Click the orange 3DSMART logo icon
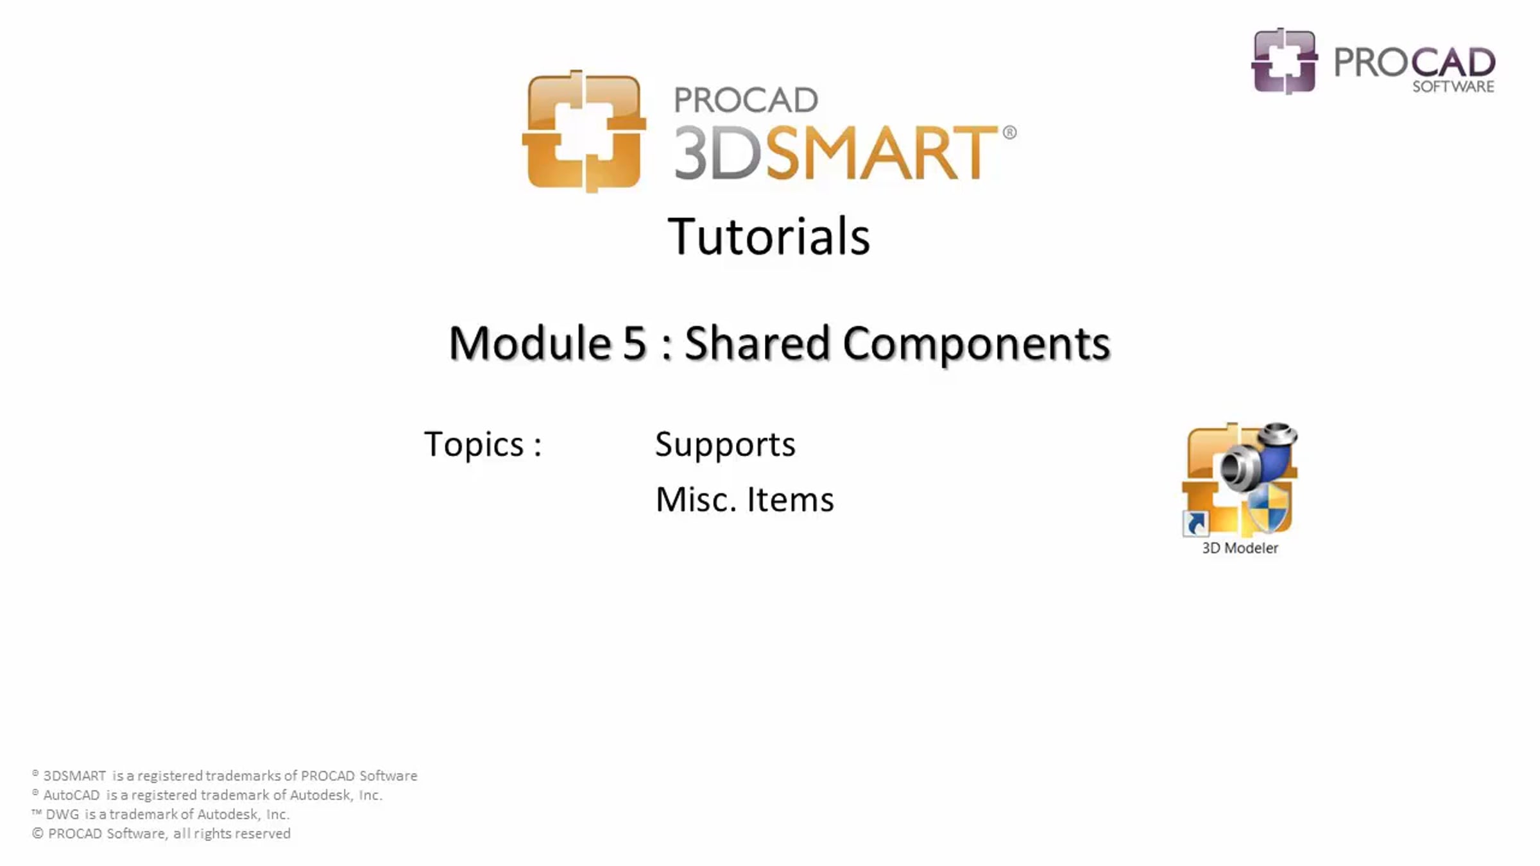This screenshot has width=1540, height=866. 585,131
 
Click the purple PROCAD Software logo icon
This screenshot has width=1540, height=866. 1285,61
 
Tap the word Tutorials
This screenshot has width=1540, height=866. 769,236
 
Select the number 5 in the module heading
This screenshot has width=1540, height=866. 634,343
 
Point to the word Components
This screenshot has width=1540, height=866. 976,344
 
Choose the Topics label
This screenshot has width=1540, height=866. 483,444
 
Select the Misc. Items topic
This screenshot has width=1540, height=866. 744,499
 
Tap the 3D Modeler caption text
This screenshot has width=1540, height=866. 1240,548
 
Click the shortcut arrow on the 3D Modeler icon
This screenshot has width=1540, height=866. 1195,523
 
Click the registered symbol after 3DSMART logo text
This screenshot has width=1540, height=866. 1009,132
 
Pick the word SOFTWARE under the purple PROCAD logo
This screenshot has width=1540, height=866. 1453,87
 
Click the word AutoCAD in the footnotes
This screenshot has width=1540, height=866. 71,795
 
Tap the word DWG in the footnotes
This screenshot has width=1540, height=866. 62,815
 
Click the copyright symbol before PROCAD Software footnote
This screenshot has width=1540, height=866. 38,833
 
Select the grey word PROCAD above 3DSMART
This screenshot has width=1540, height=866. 746,100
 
